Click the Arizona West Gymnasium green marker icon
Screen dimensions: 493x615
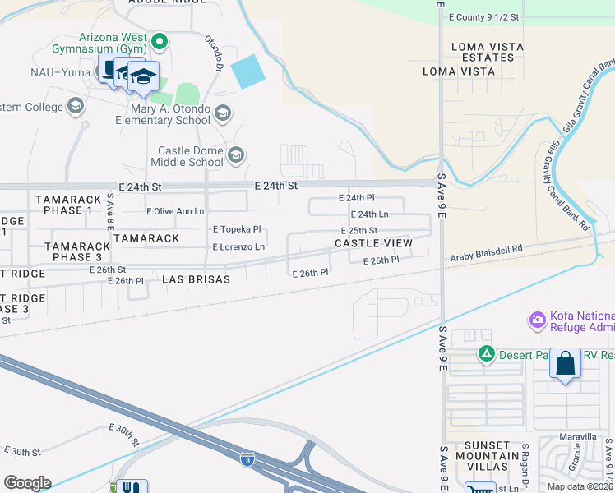point(160,39)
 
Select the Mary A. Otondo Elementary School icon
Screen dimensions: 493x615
point(222,113)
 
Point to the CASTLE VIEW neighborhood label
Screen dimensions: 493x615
point(373,243)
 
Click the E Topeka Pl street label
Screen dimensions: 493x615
point(237,229)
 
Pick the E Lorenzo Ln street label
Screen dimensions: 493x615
point(238,246)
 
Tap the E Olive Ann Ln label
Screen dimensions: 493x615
point(175,211)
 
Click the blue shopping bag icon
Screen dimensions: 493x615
point(566,364)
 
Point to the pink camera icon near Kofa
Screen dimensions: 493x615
point(538,319)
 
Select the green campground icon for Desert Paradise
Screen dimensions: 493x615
point(487,354)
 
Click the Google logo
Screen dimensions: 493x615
point(27,483)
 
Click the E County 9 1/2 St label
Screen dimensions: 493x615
point(483,16)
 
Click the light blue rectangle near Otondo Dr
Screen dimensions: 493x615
point(249,72)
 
